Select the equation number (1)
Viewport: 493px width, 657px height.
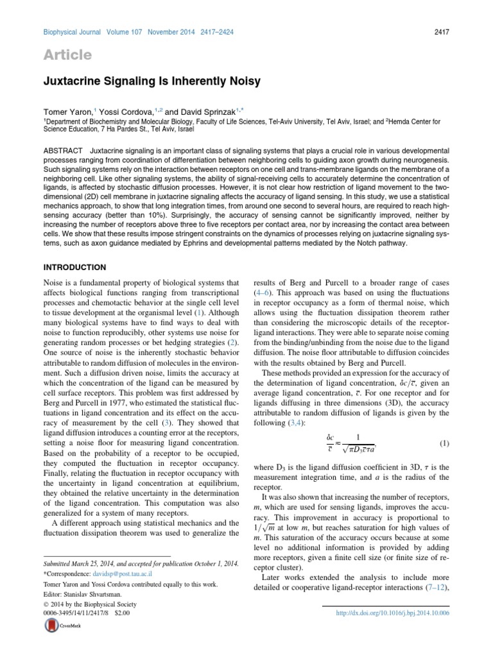pyautogui.click(x=444, y=444)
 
